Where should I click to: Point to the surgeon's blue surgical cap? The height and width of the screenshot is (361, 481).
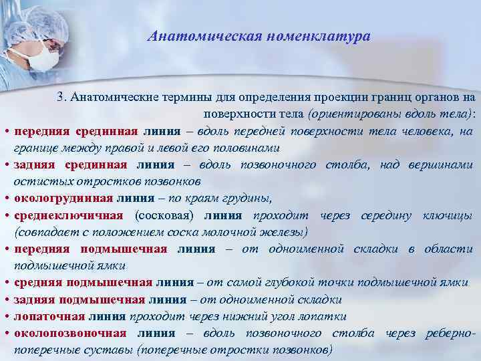[x=30, y=20]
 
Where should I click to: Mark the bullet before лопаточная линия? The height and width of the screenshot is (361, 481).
[x=5, y=317]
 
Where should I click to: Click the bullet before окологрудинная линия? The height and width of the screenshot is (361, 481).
[x=5, y=199]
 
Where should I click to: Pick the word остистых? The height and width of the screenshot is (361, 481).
[x=38, y=181]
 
